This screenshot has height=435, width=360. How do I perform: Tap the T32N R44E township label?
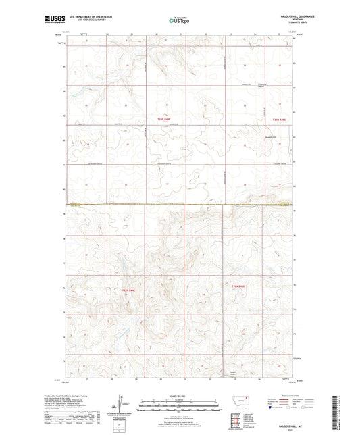pyautogui.click(x=128, y=290)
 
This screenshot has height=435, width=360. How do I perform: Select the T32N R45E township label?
pyautogui.click(x=240, y=288)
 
